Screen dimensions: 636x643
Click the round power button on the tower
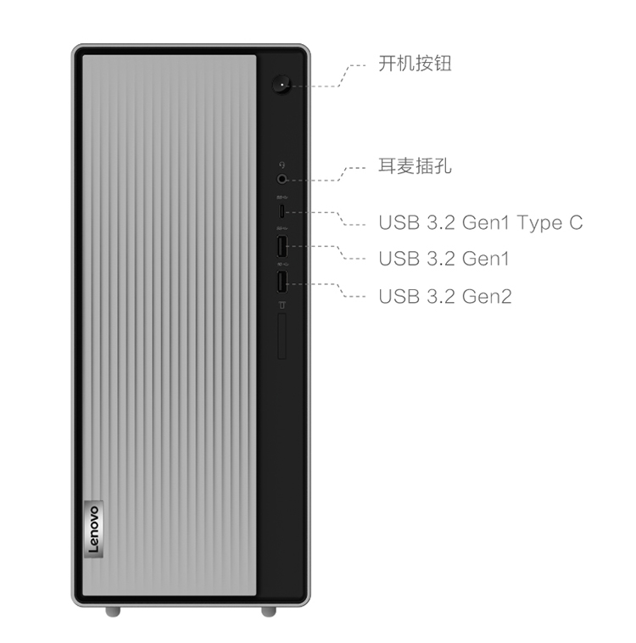click(x=282, y=84)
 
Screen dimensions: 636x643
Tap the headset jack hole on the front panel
click(x=282, y=179)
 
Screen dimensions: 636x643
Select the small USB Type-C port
click(x=282, y=212)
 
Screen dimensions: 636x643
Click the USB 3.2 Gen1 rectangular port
click(x=282, y=246)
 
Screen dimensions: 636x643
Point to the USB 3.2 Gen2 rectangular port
click(x=282, y=282)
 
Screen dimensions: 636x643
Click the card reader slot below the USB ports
click(x=282, y=336)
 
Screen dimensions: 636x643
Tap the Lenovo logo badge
click(x=94, y=529)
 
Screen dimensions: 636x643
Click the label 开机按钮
click(x=415, y=64)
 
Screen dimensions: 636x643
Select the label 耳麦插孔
click(x=415, y=166)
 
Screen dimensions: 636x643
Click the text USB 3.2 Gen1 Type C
click(x=480, y=222)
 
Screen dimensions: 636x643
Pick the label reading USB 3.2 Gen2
click(x=445, y=297)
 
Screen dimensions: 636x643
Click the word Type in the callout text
click(x=538, y=223)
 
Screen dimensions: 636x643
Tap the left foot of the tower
click(x=113, y=611)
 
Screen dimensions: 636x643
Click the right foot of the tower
click(x=269, y=611)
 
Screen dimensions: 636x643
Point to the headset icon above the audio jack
click(x=282, y=165)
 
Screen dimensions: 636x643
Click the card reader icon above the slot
click(x=282, y=305)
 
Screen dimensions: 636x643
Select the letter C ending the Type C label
click(x=576, y=222)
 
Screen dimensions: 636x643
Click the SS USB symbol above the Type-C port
click(x=282, y=198)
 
